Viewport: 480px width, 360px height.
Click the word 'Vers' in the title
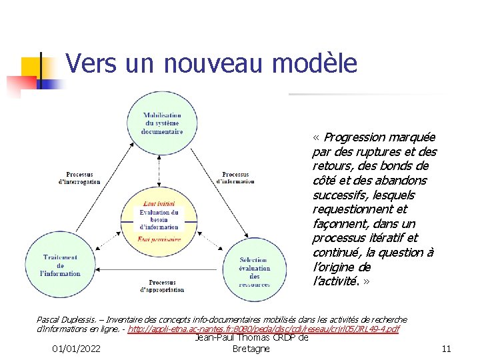click(90, 64)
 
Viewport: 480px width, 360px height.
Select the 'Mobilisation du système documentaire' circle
click(161, 124)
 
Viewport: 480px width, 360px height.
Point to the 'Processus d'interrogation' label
click(79, 178)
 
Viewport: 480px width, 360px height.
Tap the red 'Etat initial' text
click(159, 203)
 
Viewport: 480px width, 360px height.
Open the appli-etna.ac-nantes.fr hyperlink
click(263, 330)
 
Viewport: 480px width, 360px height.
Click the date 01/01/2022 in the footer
click(77, 349)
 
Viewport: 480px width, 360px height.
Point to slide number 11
click(447, 349)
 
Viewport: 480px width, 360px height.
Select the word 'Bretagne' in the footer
click(251, 349)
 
